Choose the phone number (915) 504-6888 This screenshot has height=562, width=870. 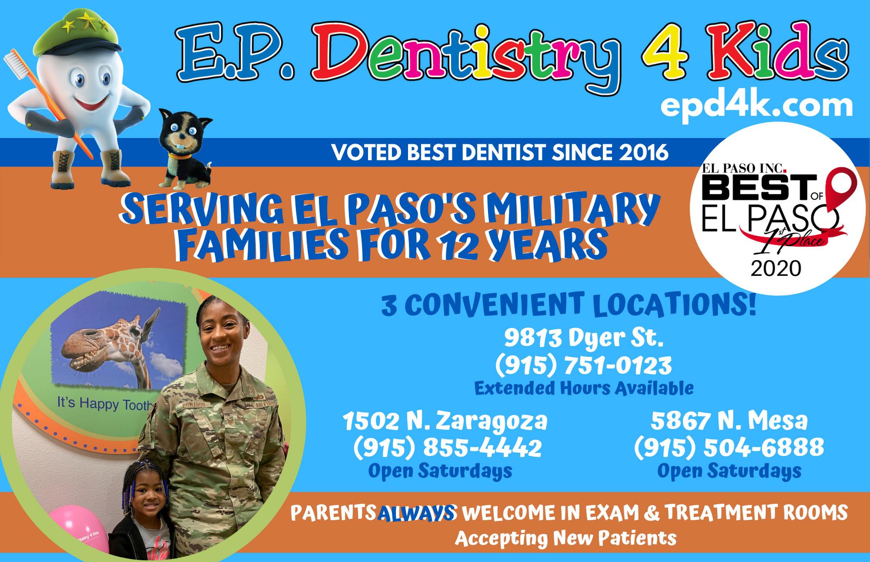point(729,447)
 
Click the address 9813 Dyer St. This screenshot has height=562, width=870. point(584,339)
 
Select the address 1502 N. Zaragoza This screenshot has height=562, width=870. point(445,421)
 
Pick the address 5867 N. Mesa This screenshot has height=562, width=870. point(729,421)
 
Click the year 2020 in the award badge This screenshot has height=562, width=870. point(776,268)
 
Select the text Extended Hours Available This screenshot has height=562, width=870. point(584,388)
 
